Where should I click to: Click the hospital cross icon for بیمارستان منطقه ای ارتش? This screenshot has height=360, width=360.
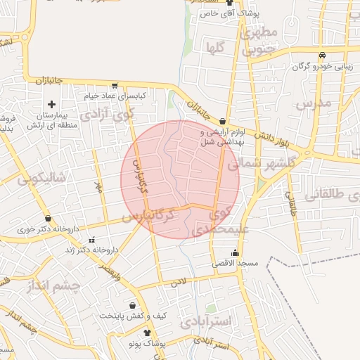pos(51,103)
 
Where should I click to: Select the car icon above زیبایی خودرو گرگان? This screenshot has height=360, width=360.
pos(321,56)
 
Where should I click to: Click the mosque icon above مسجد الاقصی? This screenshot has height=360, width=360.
pos(235,253)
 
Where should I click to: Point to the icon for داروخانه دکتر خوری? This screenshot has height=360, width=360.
pos(48,219)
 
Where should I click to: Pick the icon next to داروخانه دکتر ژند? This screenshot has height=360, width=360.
pos(70,250)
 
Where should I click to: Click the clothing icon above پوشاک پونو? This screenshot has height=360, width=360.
pos(147,333)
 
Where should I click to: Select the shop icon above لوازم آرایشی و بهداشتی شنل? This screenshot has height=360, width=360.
pos(223,121)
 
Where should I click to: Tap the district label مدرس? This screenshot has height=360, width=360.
pos(313,104)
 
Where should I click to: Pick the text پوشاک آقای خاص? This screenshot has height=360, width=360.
pos(229,13)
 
